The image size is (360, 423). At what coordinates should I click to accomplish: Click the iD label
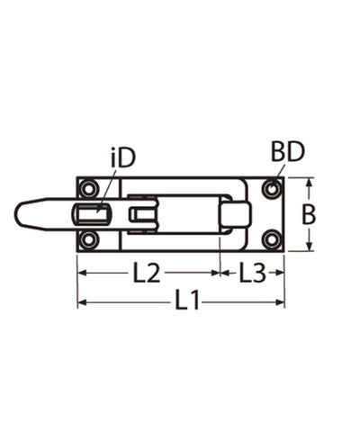tap(122, 158)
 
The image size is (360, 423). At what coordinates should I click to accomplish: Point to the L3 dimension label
tap(253, 271)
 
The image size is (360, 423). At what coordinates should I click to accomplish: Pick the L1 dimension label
tap(187, 302)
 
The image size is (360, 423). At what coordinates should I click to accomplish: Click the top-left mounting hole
tap(88, 189)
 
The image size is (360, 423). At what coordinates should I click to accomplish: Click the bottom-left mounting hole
tap(88, 239)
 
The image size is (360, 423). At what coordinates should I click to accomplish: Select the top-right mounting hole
tap(271, 189)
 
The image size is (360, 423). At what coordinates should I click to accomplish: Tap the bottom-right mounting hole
tap(271, 239)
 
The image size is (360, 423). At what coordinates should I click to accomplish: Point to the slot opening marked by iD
tap(92, 214)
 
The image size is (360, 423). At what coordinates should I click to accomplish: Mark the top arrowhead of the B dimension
tap(308, 182)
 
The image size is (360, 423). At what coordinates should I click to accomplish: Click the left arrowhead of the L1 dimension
tap(81, 302)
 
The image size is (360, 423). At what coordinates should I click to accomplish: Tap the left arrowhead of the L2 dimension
tap(81, 271)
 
